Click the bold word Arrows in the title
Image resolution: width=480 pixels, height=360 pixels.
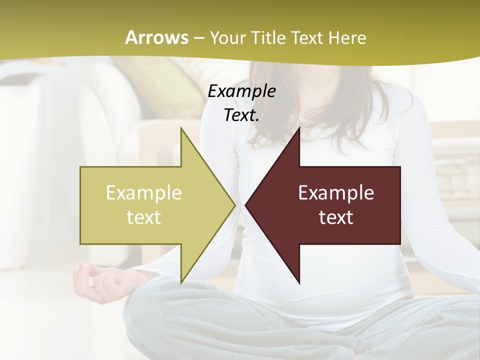[x=156, y=37]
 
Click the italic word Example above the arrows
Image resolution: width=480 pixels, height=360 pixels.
[x=241, y=91]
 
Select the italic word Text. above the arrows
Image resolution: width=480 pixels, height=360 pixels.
[x=241, y=115]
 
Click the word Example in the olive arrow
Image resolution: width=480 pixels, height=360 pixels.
[x=144, y=192]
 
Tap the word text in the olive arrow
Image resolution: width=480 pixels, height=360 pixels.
[x=144, y=217]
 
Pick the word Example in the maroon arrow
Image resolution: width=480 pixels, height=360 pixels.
[x=336, y=192]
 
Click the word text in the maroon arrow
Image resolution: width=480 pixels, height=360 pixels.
[x=336, y=217]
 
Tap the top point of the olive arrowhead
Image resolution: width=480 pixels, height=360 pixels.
[x=181, y=128]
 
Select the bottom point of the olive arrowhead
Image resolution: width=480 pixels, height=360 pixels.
[x=181, y=282]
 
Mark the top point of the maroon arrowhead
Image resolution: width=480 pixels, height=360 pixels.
[x=299, y=128]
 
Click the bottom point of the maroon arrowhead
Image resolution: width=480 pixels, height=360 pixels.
[x=299, y=282]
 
